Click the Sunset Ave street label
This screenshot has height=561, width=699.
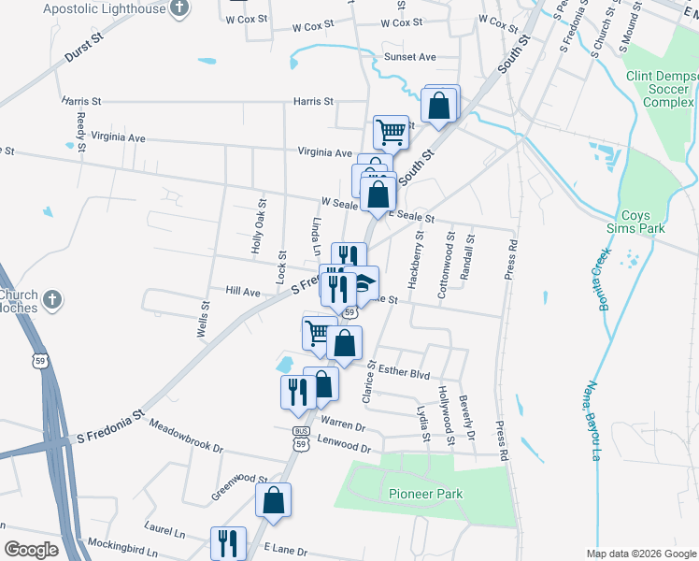(x=410, y=57)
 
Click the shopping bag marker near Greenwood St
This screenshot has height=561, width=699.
(x=274, y=500)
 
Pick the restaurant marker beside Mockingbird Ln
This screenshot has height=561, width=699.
(x=227, y=542)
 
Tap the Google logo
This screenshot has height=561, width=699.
(x=31, y=550)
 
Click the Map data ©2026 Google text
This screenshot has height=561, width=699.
(x=641, y=554)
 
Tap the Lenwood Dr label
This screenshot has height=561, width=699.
(x=344, y=446)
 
